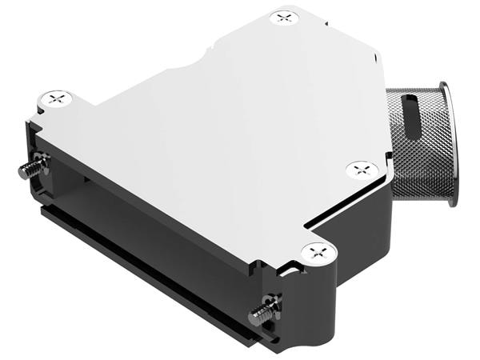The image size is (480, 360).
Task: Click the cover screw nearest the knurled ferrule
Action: [x=361, y=170]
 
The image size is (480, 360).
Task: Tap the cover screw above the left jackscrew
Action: [x=58, y=99]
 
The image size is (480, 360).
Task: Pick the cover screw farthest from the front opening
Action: [x=284, y=17]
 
